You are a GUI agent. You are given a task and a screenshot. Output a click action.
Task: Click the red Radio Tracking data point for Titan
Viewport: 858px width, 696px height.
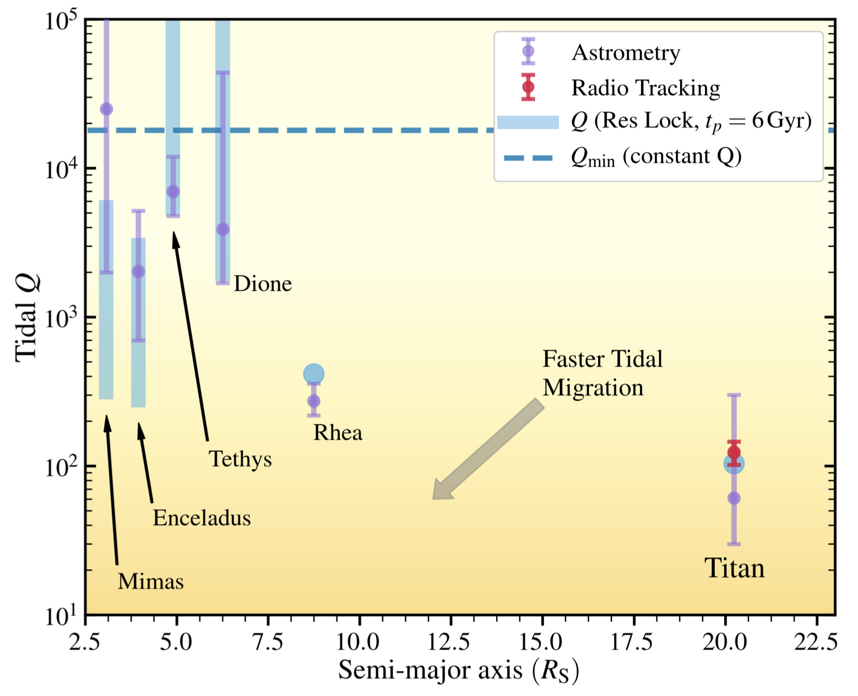[734, 453]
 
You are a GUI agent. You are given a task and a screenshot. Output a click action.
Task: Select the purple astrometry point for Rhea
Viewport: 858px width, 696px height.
[313, 401]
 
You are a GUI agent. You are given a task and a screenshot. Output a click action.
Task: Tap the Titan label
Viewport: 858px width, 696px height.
[735, 568]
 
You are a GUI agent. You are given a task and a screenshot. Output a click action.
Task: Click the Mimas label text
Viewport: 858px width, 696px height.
[150, 581]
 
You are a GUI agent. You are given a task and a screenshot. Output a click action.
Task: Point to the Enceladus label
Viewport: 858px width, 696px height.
[202, 518]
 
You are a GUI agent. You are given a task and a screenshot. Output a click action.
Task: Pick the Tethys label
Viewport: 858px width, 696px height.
[240, 459]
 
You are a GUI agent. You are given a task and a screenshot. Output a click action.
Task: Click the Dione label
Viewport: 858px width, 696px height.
[263, 284]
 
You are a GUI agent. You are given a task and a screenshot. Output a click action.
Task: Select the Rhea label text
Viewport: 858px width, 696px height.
[338, 433]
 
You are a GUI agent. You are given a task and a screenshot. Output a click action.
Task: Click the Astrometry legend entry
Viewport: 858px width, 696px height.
[626, 53]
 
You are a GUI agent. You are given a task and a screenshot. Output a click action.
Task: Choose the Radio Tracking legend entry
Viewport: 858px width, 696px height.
[645, 88]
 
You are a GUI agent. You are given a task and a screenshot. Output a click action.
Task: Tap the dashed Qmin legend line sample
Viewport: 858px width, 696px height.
[528, 158]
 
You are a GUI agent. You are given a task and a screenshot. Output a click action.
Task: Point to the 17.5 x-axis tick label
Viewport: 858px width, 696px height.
[634, 642]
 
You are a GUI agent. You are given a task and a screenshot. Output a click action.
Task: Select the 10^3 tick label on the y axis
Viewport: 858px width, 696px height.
[58, 318]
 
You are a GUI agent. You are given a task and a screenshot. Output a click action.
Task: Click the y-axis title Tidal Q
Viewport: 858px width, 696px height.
[28, 318]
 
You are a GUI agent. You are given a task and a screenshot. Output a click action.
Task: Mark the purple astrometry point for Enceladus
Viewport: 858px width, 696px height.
[138, 271]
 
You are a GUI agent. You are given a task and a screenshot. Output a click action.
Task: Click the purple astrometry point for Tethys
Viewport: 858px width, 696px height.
[173, 192]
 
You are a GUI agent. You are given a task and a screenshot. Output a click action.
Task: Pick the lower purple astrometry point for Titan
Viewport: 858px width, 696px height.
[734, 498]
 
